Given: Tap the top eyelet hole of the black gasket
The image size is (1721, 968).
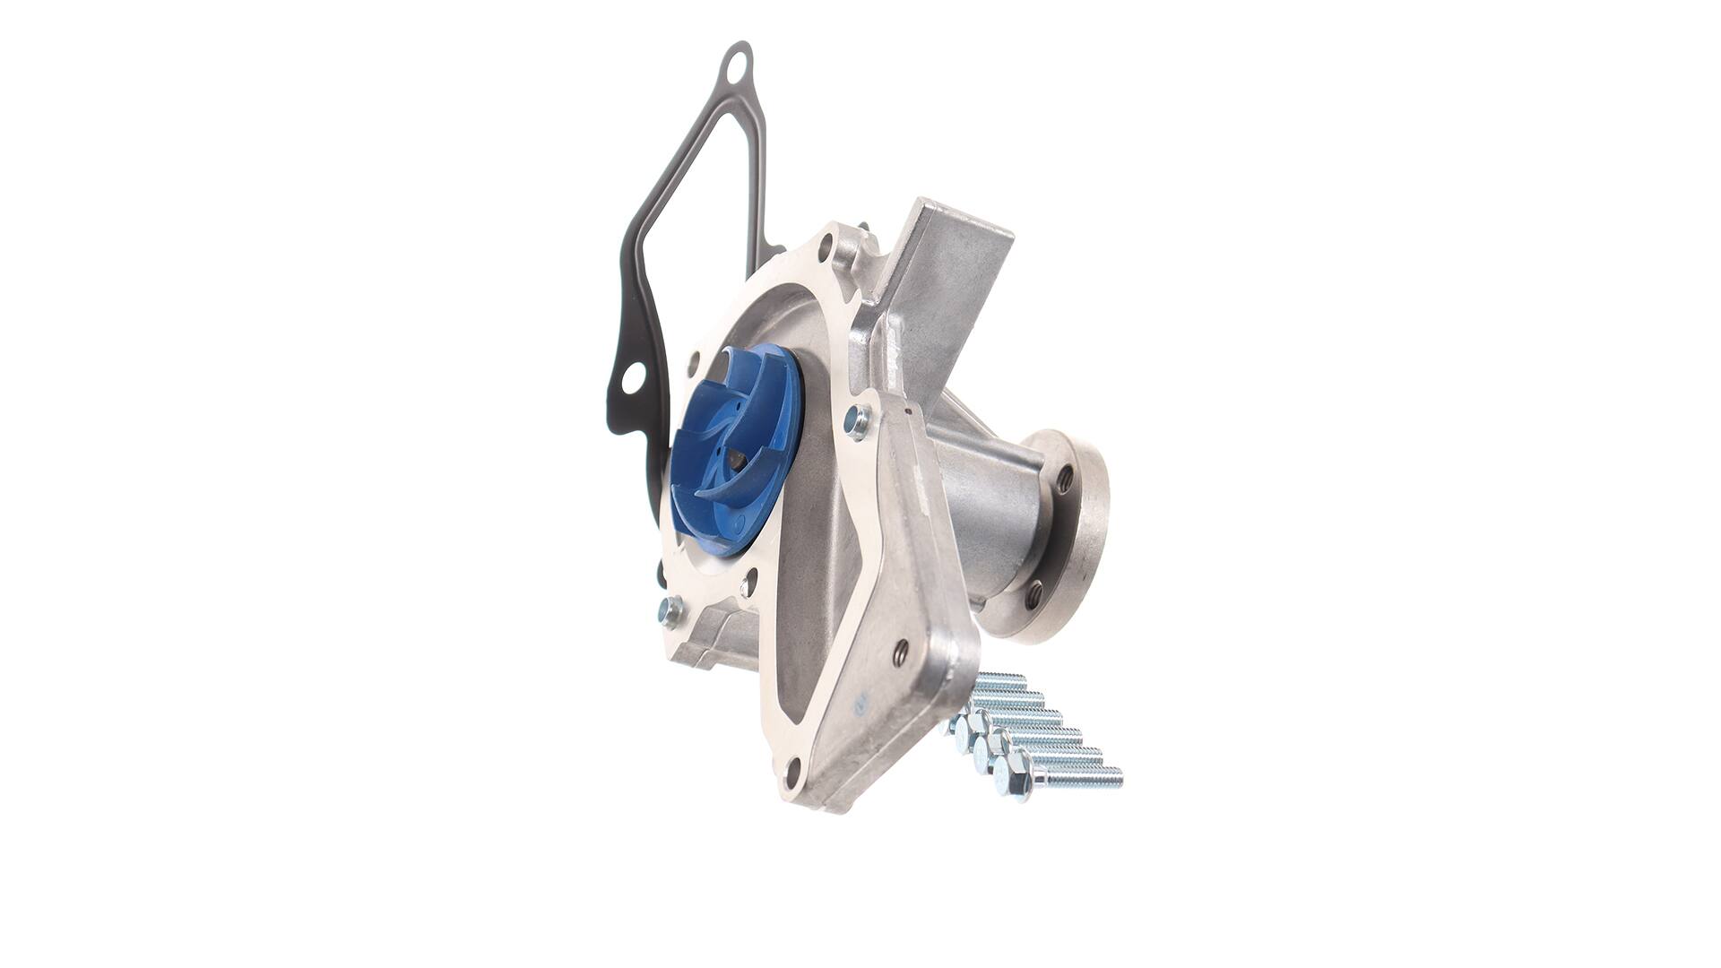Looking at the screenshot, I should tap(736, 65).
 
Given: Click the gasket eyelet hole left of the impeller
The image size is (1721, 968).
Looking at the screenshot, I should tap(632, 379).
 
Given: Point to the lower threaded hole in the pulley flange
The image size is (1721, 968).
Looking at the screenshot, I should tap(1034, 592).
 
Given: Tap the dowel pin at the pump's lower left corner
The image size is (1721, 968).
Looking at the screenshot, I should tap(669, 611).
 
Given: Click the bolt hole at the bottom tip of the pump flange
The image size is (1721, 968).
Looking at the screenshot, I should tap(791, 768).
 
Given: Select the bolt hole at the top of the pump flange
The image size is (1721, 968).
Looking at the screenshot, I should tap(826, 242).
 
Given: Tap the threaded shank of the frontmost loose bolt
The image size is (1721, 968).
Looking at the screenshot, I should tap(1080, 777).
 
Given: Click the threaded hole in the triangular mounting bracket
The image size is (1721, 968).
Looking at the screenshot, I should tap(901, 649).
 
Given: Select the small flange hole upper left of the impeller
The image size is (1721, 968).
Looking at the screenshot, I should tap(693, 362).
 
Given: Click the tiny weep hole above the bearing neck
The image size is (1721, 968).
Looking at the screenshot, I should tap(908, 411).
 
